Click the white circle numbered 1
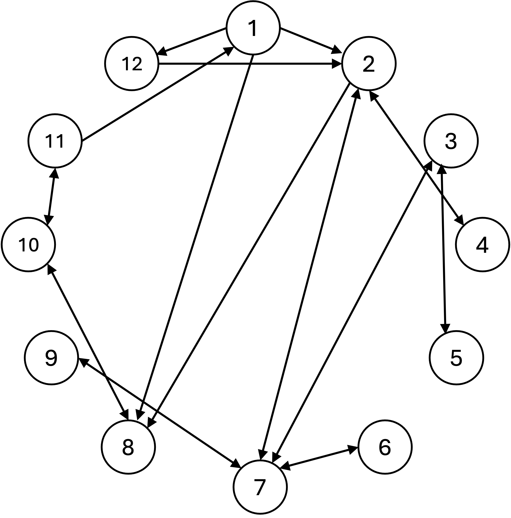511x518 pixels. (x=253, y=28)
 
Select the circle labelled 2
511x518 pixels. (x=369, y=64)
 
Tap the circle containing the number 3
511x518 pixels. (x=451, y=141)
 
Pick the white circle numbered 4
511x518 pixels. (x=482, y=244)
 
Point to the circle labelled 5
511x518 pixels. (x=456, y=358)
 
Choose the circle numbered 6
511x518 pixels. (x=385, y=447)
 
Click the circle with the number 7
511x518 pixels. (x=260, y=487)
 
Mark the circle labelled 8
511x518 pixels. (x=128, y=447)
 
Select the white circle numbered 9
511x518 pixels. (x=51, y=358)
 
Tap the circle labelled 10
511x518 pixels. (x=28, y=244)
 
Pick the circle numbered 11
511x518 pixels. (x=55, y=141)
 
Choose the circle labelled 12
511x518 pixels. (x=131, y=64)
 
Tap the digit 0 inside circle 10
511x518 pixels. (x=33, y=245)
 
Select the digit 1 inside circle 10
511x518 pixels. (x=22, y=245)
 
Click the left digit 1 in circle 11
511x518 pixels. (x=49, y=141)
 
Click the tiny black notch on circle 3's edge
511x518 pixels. (x=442, y=164)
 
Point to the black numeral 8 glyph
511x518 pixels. (x=128, y=447)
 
